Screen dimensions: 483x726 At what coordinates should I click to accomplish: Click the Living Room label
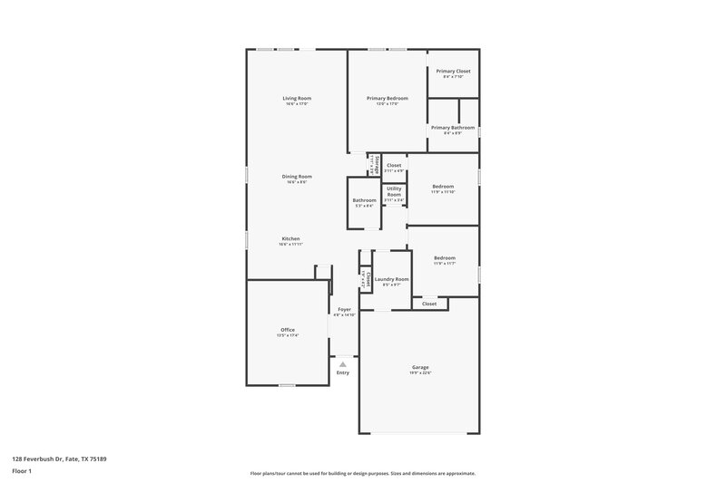[297, 98]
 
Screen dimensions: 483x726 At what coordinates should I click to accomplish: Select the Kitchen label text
[290, 239]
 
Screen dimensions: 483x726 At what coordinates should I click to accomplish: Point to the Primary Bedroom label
[388, 98]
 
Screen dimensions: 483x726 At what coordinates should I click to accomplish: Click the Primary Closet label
[453, 71]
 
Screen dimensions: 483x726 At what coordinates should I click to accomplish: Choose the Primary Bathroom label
[453, 128]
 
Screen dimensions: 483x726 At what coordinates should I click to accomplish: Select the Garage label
[419, 367]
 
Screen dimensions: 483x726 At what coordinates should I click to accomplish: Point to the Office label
[288, 330]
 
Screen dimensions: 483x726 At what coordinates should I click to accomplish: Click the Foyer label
[344, 309]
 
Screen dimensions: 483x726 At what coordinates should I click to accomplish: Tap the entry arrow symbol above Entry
[343, 364]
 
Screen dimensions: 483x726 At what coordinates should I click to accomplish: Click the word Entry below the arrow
[343, 372]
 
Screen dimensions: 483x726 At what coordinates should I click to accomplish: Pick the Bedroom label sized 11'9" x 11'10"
[443, 187]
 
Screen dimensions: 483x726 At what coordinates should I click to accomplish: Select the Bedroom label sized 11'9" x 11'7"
[444, 258]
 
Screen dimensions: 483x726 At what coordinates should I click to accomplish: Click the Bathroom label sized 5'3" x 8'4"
[364, 200]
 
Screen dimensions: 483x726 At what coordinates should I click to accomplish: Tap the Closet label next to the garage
[429, 304]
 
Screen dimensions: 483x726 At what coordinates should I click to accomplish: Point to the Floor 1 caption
[23, 471]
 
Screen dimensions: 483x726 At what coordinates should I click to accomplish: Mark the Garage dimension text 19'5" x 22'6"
[419, 372]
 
